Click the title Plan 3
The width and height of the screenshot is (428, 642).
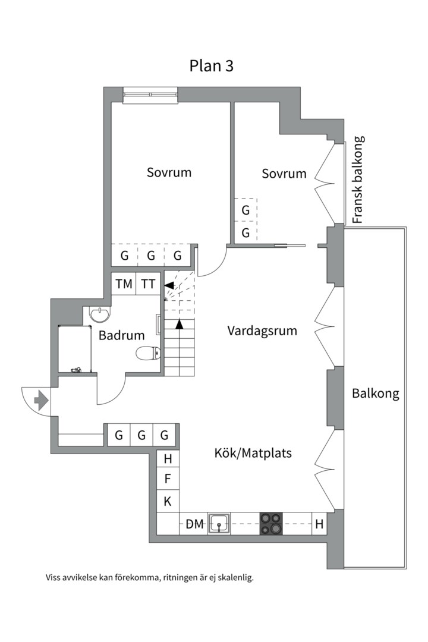click(212, 65)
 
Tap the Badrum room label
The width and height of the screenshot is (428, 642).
click(122, 335)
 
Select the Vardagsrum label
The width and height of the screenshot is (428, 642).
click(262, 331)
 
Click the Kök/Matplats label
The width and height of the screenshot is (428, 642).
click(253, 453)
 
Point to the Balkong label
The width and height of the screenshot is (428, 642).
click(375, 394)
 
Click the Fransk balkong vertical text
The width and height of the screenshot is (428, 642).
click(357, 180)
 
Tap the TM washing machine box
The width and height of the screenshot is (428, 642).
click(124, 284)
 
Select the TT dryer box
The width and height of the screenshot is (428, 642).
click(149, 284)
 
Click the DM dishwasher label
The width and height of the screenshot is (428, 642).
click(194, 524)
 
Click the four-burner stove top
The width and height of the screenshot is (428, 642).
click(270, 524)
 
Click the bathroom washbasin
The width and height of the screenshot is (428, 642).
click(99, 313)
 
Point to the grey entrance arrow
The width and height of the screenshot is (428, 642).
click(41, 401)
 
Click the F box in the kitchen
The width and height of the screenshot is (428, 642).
click(168, 479)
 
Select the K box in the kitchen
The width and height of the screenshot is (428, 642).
click(168, 501)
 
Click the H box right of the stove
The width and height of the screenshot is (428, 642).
click(320, 524)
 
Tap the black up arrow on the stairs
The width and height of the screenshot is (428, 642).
click(179, 324)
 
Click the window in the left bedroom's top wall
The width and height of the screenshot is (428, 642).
click(150, 94)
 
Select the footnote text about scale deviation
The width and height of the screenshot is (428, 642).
click(149, 577)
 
